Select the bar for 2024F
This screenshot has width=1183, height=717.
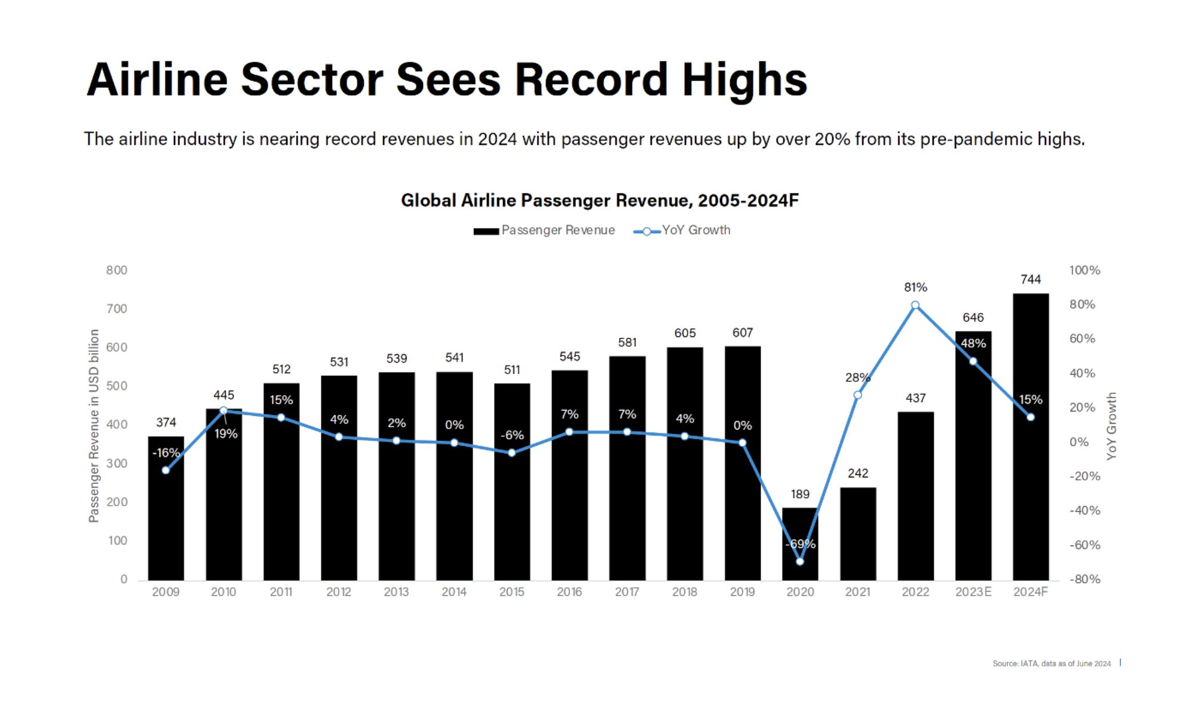[x=1030, y=478]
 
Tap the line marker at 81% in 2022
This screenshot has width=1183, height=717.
[x=915, y=305]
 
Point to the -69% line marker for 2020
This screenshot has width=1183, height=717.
[x=799, y=562]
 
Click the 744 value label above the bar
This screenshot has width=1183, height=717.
[x=1030, y=279]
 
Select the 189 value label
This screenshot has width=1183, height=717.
[x=799, y=494]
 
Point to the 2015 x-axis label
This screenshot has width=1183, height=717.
[x=511, y=592]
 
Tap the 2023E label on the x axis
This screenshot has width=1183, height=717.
[x=973, y=592]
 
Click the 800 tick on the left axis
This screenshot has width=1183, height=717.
[x=117, y=270]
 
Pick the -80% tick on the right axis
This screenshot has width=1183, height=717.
[x=1084, y=579]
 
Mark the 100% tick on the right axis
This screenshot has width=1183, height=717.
[x=1084, y=270]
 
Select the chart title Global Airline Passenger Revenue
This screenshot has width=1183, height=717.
[x=599, y=200]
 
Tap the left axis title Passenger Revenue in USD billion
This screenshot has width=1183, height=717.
[x=94, y=425]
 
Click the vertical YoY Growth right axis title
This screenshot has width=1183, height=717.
[x=1111, y=425]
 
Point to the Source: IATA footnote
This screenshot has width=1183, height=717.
[x=1051, y=663]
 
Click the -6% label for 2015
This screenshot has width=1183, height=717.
[x=511, y=435]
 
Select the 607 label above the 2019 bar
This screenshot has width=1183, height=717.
[x=742, y=333]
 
